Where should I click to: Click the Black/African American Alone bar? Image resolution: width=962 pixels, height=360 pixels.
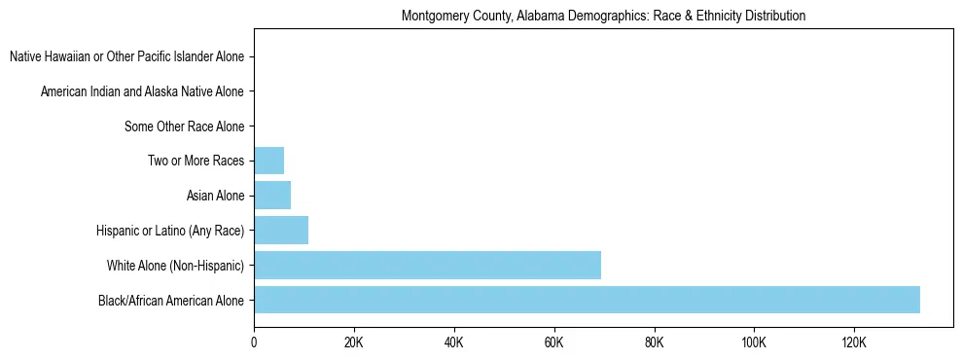point(587,300)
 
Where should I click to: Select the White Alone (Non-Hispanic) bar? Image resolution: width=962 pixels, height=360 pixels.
point(427,265)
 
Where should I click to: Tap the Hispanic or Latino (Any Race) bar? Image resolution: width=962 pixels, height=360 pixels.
point(281,231)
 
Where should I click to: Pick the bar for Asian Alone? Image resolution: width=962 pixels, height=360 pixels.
point(272,196)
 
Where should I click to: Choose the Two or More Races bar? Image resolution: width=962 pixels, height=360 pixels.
point(268,161)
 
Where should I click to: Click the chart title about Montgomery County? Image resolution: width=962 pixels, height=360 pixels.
point(603,17)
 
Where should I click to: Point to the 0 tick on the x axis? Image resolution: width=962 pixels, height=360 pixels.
point(254,342)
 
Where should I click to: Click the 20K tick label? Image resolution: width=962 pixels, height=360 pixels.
point(353,342)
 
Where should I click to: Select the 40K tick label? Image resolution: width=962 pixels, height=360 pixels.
point(453,342)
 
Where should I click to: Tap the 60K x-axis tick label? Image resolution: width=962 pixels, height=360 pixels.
point(553,342)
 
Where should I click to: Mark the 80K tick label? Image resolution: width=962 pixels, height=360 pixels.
point(654,342)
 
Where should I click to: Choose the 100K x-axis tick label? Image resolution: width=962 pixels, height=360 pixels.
point(754,342)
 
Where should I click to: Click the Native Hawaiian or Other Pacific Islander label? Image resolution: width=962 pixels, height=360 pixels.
point(126,57)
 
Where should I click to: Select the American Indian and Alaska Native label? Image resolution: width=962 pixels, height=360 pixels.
point(142,91)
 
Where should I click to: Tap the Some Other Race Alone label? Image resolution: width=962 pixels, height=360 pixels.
point(184,126)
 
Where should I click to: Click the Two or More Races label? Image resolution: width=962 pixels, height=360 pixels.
point(196,161)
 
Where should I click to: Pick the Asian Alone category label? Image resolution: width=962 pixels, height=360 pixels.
point(215,196)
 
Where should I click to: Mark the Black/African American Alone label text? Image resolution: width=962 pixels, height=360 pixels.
point(171,300)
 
